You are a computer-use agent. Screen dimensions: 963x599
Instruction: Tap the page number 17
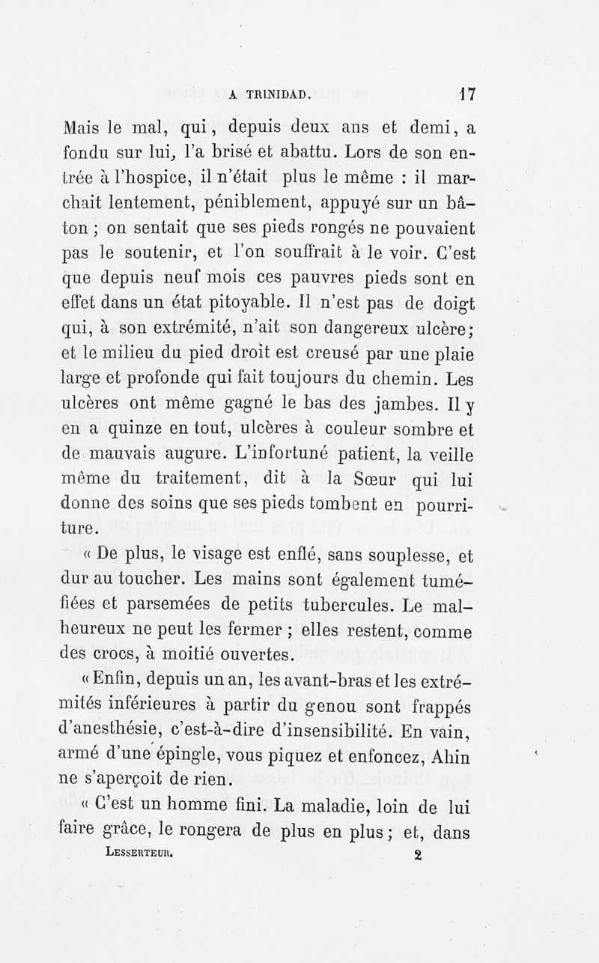pos(468,94)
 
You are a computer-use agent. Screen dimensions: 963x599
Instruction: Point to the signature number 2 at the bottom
pos(417,854)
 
